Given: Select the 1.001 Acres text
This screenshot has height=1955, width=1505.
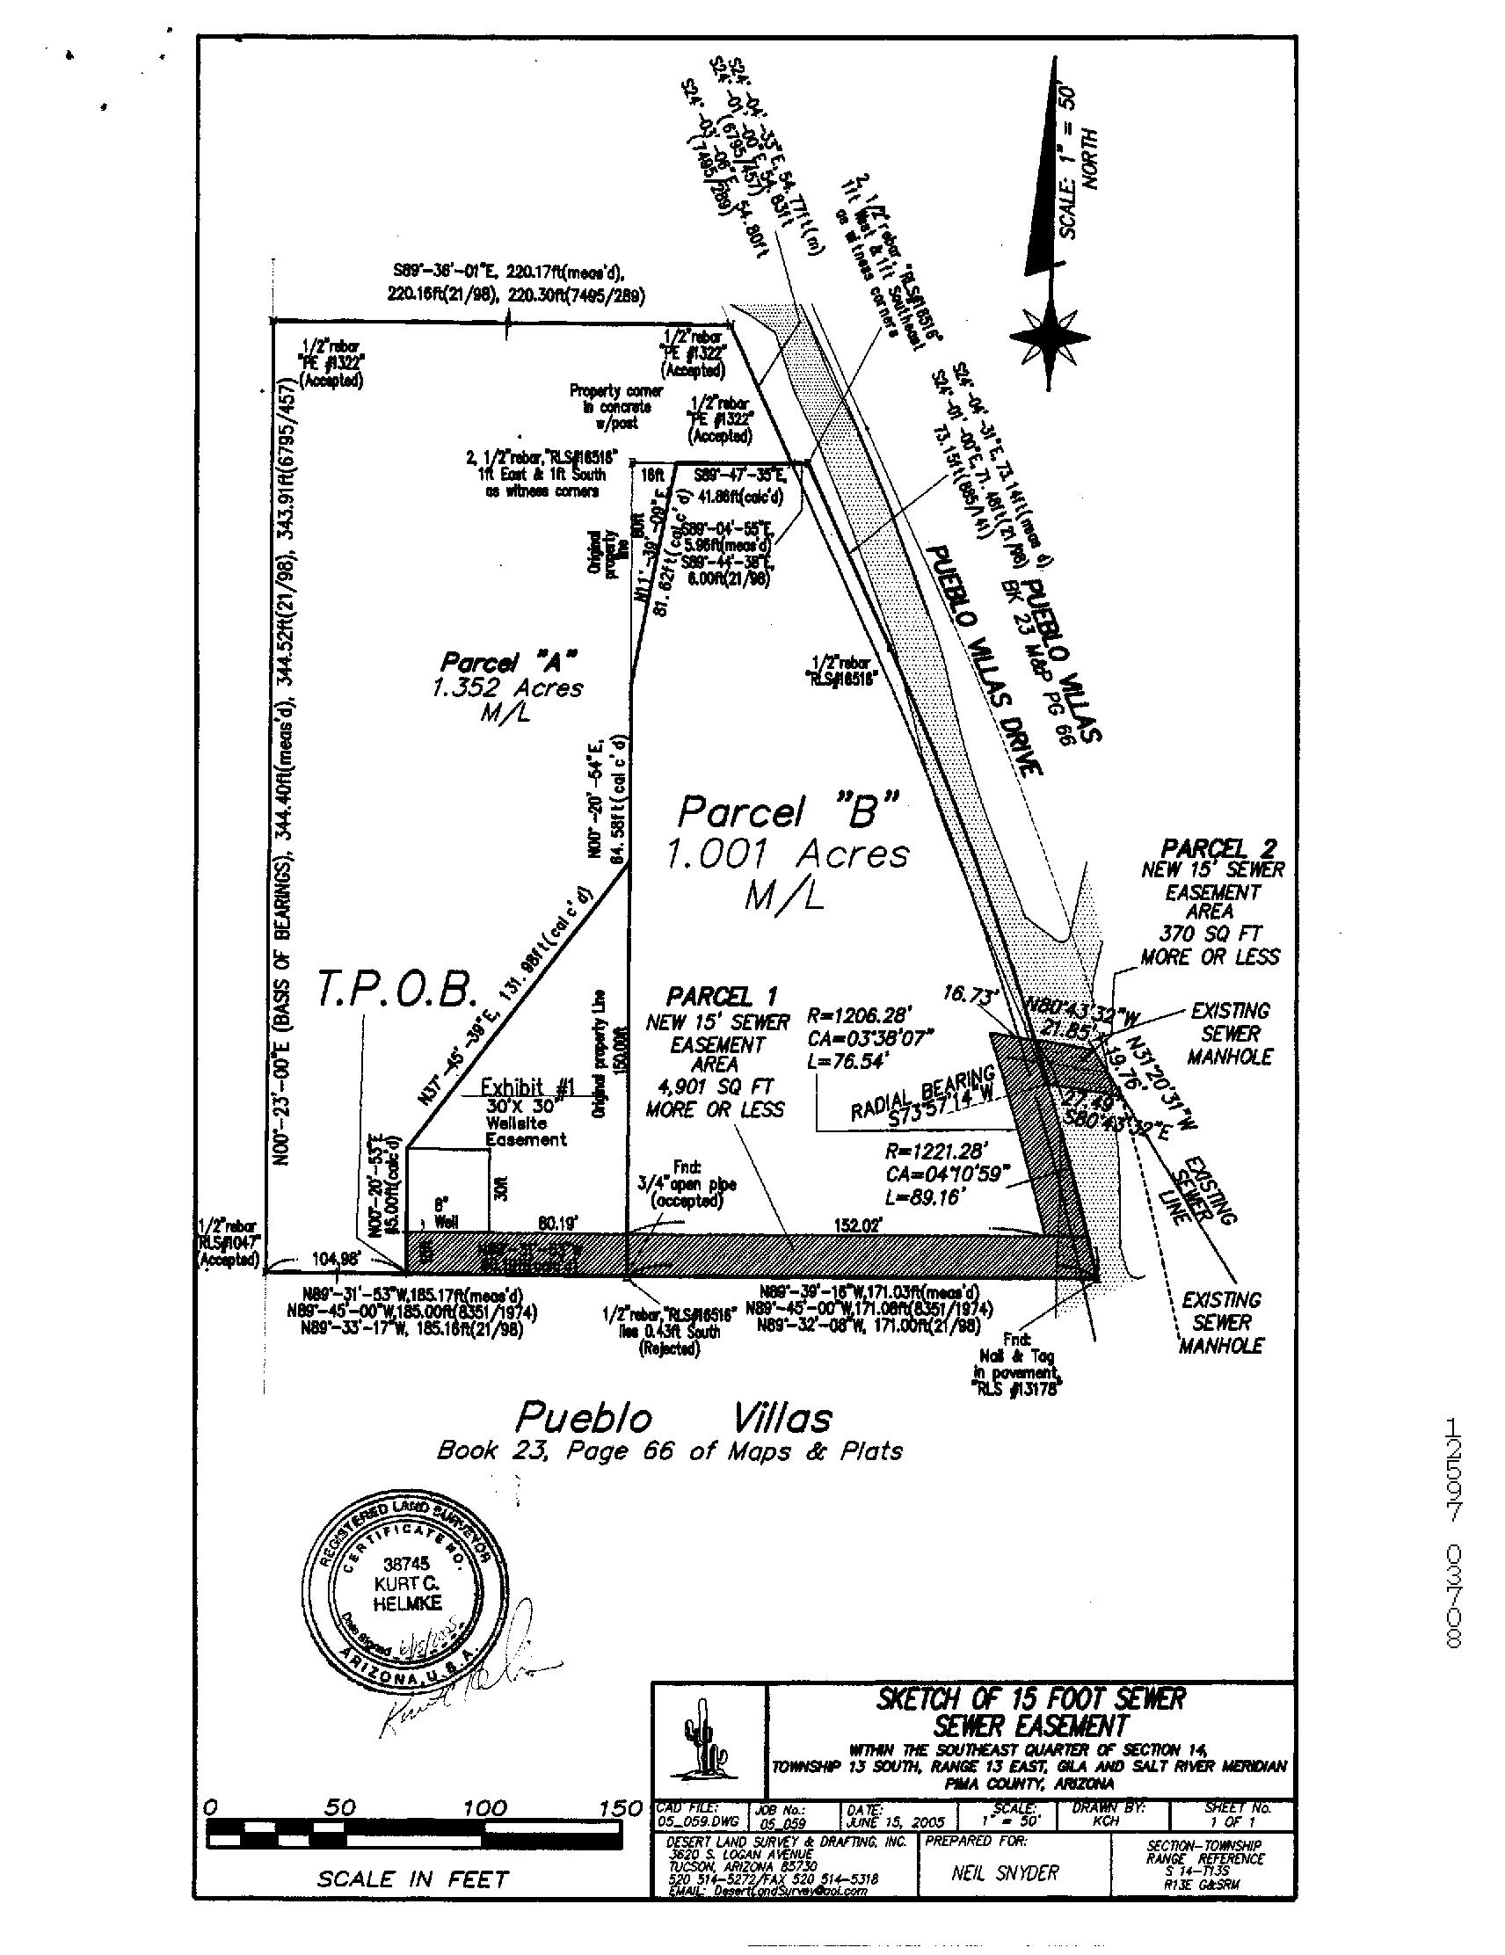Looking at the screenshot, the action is (x=786, y=854).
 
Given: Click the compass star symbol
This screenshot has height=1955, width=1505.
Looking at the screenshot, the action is (x=1050, y=337).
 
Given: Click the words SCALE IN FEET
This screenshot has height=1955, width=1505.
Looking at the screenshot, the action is (x=411, y=1879).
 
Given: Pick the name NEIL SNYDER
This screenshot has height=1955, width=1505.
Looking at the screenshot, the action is (x=1005, y=1871).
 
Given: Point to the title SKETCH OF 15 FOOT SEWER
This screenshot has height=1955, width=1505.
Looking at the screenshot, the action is (x=1030, y=1698).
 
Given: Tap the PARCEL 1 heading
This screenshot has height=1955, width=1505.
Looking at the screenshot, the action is (x=722, y=996).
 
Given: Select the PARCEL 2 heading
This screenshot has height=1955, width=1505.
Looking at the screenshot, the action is (x=1218, y=847).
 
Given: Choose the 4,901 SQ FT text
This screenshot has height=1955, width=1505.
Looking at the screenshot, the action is (x=715, y=1087).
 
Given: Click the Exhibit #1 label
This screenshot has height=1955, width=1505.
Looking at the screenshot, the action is (x=527, y=1087).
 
